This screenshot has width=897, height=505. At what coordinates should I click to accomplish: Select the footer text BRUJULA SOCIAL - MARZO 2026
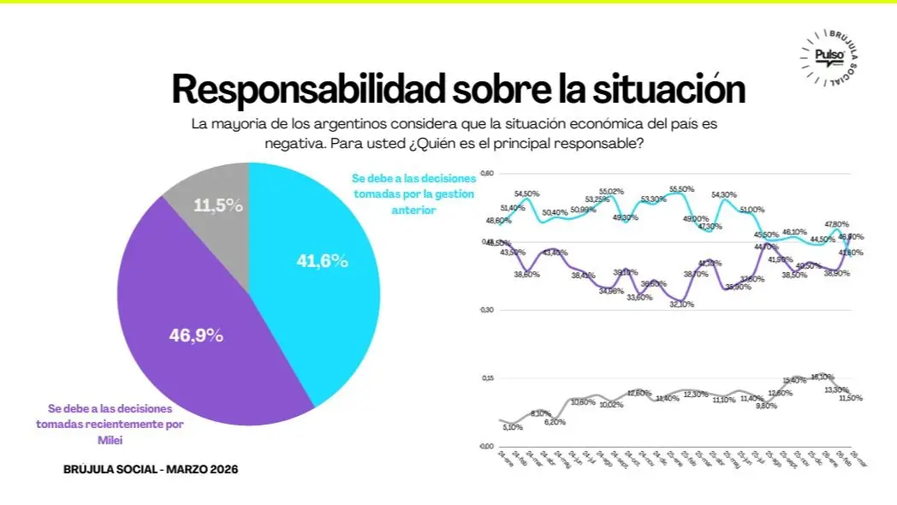click(151, 469)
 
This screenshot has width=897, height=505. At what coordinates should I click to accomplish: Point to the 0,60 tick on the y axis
click(488, 174)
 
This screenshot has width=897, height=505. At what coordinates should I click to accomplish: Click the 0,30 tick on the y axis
click(488, 309)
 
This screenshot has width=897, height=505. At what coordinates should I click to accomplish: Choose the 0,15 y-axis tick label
click(488, 377)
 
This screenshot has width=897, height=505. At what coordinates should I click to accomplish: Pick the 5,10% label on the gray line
click(513, 427)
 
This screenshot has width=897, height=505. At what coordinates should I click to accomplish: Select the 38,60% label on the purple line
click(527, 274)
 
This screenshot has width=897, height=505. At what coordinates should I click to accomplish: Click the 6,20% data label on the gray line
click(555, 421)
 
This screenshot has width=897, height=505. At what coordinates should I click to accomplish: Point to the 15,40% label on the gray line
click(795, 380)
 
